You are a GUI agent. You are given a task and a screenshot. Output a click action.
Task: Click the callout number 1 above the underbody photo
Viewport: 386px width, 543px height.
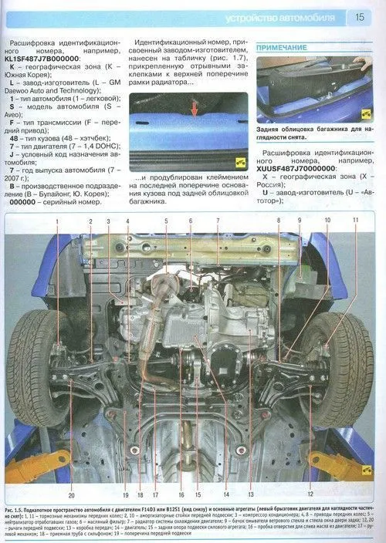56,222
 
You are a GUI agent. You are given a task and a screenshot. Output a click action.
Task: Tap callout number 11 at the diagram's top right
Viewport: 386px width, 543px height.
356,221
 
